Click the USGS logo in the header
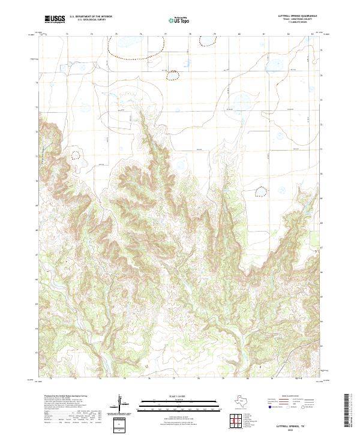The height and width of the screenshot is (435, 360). pos(55,19)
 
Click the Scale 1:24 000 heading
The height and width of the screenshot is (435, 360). pos(175,395)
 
